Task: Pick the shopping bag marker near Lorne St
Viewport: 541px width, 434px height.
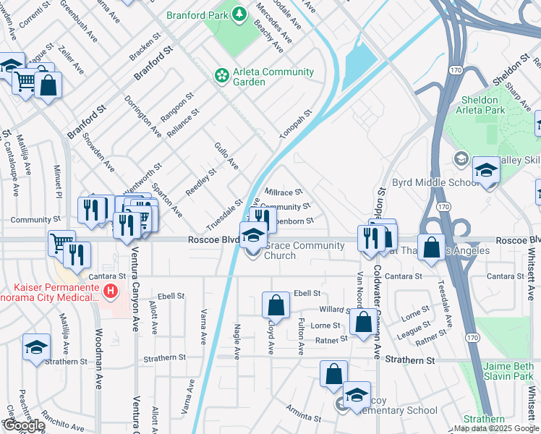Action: point(364,320)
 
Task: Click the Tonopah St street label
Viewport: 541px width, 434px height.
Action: point(296,124)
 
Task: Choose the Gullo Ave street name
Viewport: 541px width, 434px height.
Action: point(226,156)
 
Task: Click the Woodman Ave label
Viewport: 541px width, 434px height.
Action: point(100,376)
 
